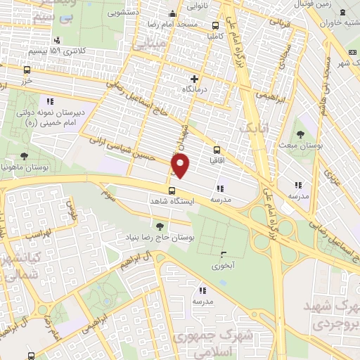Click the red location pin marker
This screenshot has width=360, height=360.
tap(181, 165)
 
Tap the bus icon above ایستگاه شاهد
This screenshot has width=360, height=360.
tap(172, 191)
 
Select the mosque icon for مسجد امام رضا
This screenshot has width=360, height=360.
tap(173, 13)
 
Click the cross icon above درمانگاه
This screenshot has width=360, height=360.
tap(194, 79)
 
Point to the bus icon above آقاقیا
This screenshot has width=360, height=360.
tap(216, 150)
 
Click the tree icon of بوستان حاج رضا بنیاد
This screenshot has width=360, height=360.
tap(160, 226)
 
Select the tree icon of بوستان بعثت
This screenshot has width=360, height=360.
tap(300, 133)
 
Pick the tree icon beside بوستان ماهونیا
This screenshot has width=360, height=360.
tap(25, 156)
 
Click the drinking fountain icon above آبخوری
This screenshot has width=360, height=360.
tap(224, 254)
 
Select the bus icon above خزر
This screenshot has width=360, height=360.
tap(27, 70)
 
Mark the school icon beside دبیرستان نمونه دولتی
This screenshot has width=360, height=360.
tap(49, 101)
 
